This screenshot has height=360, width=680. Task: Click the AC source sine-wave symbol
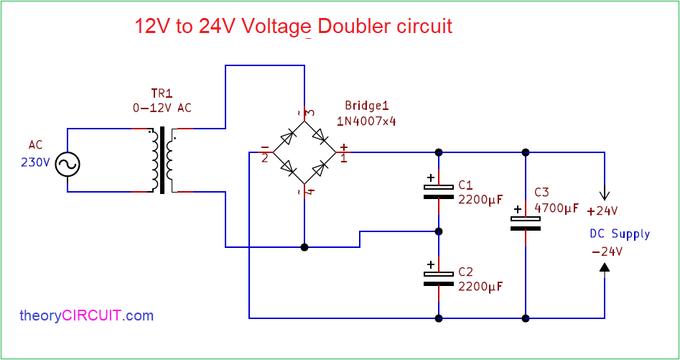coord(67,165)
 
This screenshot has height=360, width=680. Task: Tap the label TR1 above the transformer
coord(162,94)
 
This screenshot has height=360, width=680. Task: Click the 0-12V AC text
coord(162,108)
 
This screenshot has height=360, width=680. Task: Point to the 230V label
coord(35,162)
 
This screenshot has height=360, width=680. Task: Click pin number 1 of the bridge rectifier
coord(344,158)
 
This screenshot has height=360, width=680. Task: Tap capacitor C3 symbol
coord(525,223)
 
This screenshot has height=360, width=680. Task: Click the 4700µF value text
coord(556,208)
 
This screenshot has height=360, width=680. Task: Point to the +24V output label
coord(602,211)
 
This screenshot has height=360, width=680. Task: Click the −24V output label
coord(607,251)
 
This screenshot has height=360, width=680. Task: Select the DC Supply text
coord(619,234)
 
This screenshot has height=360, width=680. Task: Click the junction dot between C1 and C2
coord(438,231)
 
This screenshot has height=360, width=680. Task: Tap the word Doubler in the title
coord(353,27)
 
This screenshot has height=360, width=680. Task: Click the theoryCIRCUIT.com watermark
coord(86,315)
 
